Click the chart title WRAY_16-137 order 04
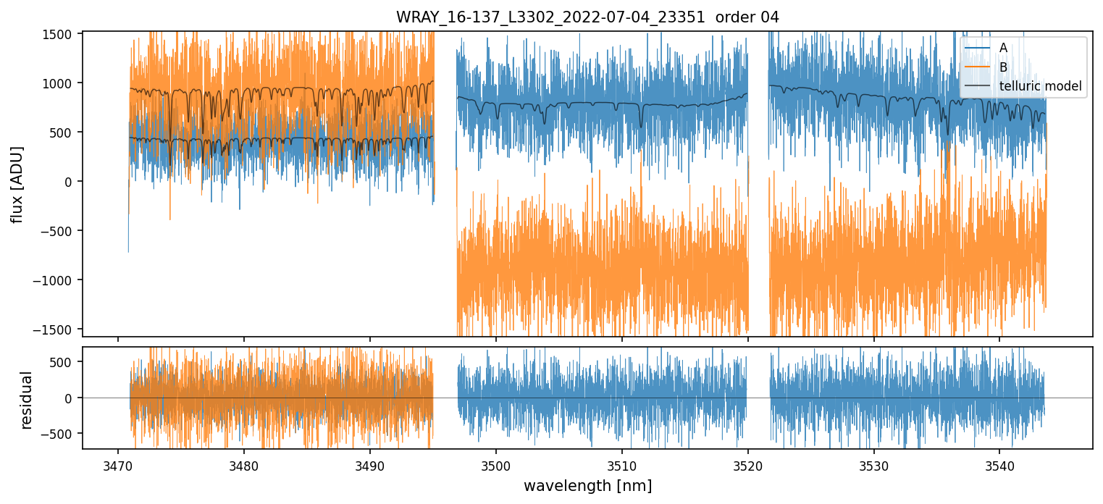click(587, 17)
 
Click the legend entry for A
click(1003, 48)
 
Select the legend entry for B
click(1003, 67)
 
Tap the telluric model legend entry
click(1040, 87)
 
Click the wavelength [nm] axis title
click(587, 486)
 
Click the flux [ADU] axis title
click(17, 184)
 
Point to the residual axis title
click(27, 398)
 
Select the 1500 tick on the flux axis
click(59, 34)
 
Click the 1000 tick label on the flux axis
click(59, 83)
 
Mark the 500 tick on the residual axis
click(64, 362)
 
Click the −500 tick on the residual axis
click(61, 434)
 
